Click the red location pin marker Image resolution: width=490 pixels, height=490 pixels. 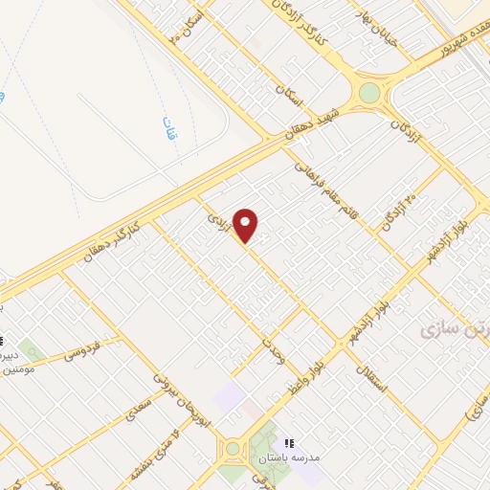(x=247, y=224)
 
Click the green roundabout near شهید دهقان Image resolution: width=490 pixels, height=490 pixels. (x=369, y=93)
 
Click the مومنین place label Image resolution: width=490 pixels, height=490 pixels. (x=20, y=367)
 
